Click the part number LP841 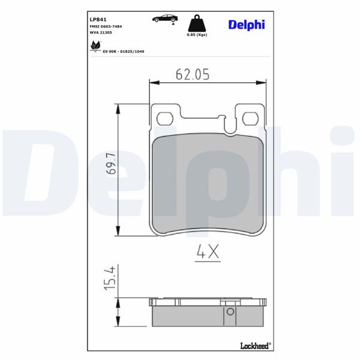pos(98,19)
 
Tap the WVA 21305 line pos(103,35)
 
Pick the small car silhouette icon pos(164,19)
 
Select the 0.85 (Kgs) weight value pos(197,35)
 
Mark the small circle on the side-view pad pos(229,311)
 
